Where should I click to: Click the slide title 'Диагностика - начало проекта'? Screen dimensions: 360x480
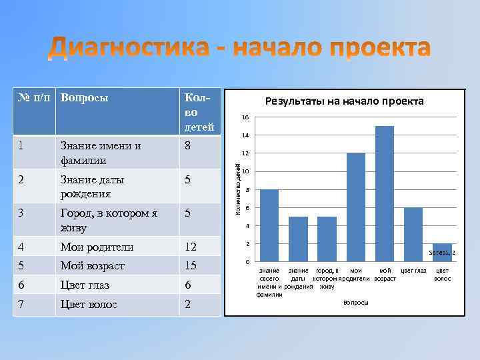240,49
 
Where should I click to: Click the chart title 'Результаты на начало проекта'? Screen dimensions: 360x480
344,101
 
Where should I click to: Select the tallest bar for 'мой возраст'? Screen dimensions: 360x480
385,193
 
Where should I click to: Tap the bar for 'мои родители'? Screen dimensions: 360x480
356,207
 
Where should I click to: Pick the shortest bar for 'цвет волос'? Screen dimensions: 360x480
442,253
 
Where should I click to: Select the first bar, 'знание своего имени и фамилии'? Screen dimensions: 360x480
269,225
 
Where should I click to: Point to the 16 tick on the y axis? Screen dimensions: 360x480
246,117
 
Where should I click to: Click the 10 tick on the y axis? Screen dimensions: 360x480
246,172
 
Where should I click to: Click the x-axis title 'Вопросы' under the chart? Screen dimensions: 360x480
355,303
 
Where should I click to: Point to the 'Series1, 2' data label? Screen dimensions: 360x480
442,253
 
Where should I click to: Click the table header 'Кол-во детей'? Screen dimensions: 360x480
199,111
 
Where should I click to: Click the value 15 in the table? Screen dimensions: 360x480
191,266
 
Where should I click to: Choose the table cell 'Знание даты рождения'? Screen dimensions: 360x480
92,186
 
